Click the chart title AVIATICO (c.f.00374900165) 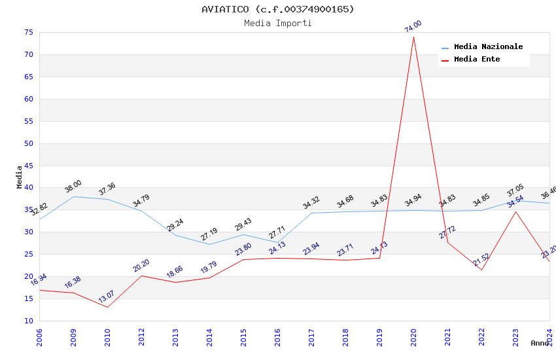point(278,9)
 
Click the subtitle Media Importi point(278,23)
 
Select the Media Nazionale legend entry point(488,47)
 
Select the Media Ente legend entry point(477,60)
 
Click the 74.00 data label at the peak point(413,26)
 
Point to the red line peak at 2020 point(413,36)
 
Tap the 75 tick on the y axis point(28,32)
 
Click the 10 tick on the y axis point(28,321)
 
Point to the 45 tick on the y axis point(28,166)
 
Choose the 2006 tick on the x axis point(39,337)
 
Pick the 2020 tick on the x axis point(413,337)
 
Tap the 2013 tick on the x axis point(175,337)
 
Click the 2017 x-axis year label point(311,337)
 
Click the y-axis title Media point(20,177)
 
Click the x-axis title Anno point(540,343)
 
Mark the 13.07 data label point(107,297)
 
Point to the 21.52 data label point(481,260)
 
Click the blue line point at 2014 point(209,244)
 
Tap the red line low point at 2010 point(107,307)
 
